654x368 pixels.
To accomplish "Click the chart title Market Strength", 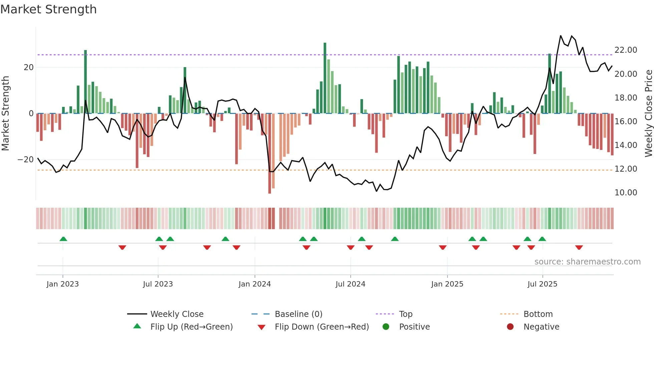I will pos(48,9).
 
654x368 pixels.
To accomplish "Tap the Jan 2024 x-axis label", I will pos(255,284).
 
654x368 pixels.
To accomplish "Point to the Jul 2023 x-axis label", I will pos(158,284).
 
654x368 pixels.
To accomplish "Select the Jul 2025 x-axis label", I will pos(542,284).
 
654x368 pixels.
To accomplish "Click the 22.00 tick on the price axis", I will pos(626,50).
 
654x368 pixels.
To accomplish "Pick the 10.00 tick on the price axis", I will pos(626,193).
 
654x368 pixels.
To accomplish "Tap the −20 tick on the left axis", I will pos(26,160).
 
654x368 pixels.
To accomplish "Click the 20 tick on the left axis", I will pos(29,67).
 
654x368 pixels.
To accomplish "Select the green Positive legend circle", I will pos(386,327).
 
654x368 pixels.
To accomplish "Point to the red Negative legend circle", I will pos(510,327).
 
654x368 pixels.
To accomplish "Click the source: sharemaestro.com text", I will pos(587,262).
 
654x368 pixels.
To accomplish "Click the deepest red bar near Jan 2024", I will pos(270,153).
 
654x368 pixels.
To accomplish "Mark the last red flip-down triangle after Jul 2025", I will pos(579,247).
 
